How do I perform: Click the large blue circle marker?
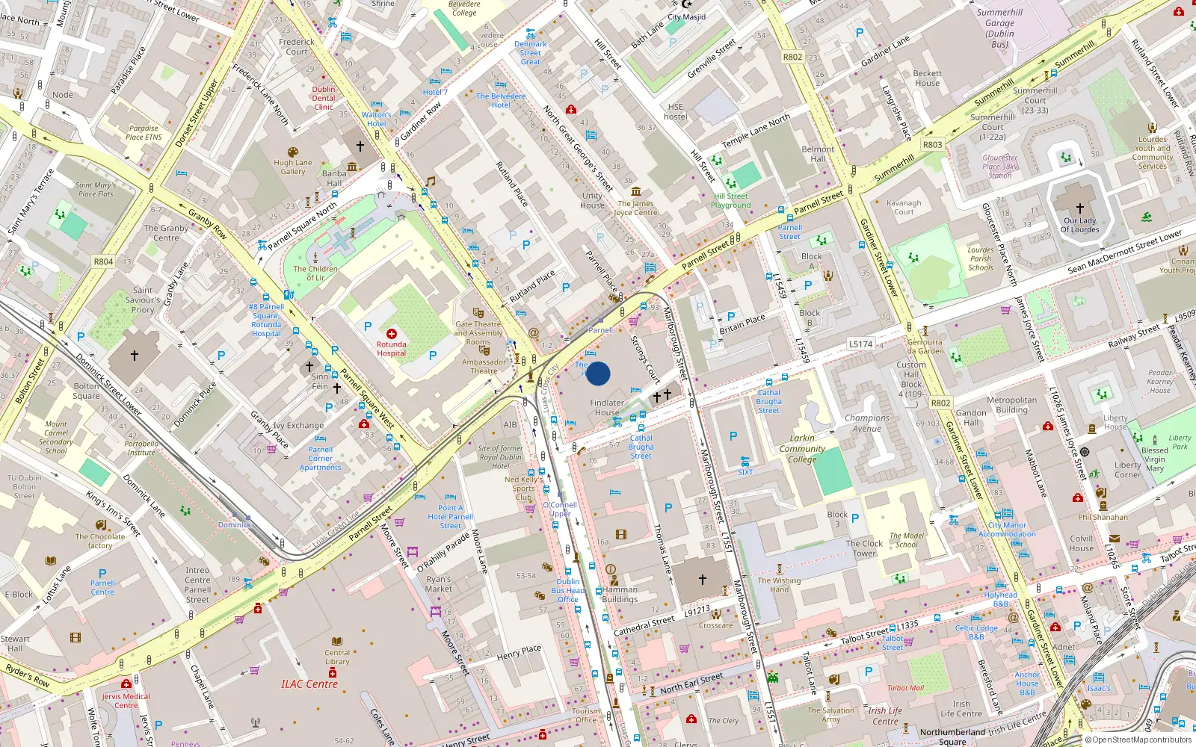coord(598,373)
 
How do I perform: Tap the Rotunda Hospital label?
coord(391,349)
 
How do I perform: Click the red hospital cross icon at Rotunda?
coord(392,334)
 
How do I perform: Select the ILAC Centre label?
coord(309,684)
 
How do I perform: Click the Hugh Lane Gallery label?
coord(293,167)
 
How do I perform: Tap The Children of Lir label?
coord(315,273)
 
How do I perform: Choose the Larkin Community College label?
coord(802,449)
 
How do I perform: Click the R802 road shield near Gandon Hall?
coord(940,403)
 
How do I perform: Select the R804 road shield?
coord(103,261)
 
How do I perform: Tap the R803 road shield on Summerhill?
coord(932,145)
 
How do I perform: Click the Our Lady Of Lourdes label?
coord(1079,225)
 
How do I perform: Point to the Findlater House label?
coord(607,407)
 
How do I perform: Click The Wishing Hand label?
coord(779,584)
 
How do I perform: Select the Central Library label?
coord(337,657)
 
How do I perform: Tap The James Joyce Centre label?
coord(635,208)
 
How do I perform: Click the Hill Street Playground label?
coord(731,200)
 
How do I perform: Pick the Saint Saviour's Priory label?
coord(143,300)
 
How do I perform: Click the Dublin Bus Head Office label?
coord(568,590)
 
